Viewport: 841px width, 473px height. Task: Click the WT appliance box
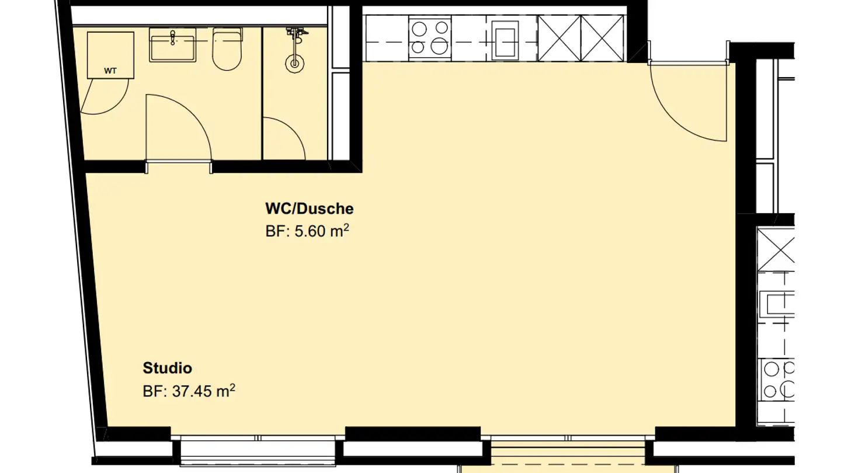[x=110, y=55]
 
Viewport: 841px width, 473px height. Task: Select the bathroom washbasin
[x=172, y=47]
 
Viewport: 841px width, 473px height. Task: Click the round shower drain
[x=295, y=62]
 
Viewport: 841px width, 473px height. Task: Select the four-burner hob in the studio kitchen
[x=429, y=37]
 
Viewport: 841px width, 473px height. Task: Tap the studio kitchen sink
[x=505, y=39]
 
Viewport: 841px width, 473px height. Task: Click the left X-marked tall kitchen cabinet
[x=559, y=38]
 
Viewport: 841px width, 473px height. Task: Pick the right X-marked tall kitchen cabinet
[x=603, y=38]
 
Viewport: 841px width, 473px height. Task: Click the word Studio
[x=168, y=368]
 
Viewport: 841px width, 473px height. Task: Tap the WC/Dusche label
[x=309, y=208]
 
